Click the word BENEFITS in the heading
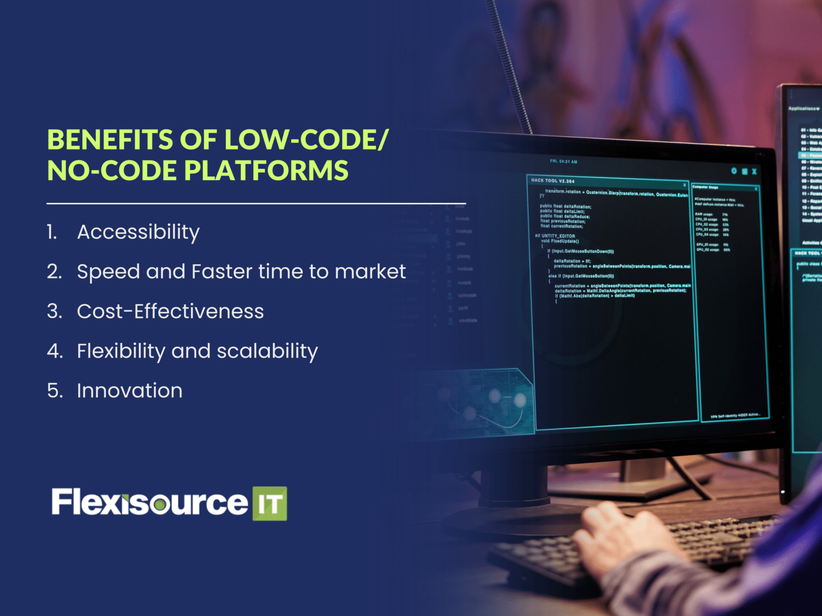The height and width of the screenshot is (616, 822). pos(110,140)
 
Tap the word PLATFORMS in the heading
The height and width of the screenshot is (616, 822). pos(266,171)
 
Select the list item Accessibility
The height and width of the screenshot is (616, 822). pos(138,232)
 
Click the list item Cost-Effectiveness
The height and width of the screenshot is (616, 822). pos(170,311)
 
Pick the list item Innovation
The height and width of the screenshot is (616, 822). pos(130,391)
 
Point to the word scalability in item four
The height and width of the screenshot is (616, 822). pos(267,351)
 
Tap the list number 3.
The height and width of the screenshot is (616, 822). pos(54,311)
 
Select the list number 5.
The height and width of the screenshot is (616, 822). pos(55,391)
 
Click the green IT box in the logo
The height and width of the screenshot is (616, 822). pos(269,504)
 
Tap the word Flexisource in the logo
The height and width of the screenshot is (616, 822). pos(149,503)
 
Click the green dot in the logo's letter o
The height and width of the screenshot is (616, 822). pos(159,504)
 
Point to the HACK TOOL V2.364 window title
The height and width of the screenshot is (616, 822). pos(552,181)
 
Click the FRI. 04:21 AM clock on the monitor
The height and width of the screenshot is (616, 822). pos(564,161)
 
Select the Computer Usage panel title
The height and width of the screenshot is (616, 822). pos(705,188)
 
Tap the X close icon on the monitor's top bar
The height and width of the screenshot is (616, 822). pos(754,172)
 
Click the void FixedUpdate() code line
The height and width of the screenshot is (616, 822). pos(560,241)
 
